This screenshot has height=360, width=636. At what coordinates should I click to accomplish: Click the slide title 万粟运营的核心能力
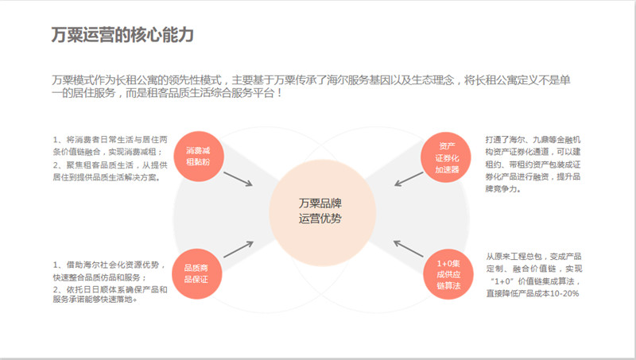point(122,35)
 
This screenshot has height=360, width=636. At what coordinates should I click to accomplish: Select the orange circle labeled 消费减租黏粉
point(198,156)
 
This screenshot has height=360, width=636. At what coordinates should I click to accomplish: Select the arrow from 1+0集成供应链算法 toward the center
point(409,249)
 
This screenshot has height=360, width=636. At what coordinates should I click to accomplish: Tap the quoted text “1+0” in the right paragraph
point(505,282)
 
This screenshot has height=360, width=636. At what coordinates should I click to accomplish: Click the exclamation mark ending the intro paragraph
point(280,94)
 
